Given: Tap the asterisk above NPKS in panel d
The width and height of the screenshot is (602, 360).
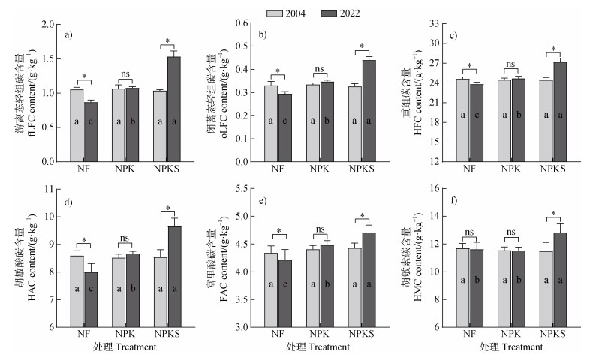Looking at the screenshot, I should pos(167,209).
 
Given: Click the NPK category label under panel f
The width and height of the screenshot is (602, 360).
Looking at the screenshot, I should pos(510,334).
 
